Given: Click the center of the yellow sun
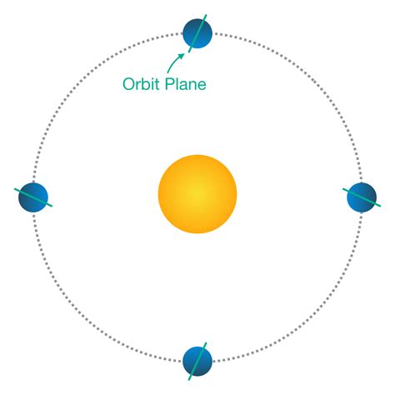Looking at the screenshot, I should (197, 193).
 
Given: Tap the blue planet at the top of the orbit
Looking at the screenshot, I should (197, 34).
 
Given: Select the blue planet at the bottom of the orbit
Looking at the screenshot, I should (197, 359).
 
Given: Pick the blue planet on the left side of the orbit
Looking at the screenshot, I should (33, 198).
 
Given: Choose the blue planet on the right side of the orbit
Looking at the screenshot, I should (361, 197).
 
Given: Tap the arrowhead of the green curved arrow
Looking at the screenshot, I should (182, 53).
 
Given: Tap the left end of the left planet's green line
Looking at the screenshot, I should (16, 190).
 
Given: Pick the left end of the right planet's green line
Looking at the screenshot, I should (343, 189).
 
